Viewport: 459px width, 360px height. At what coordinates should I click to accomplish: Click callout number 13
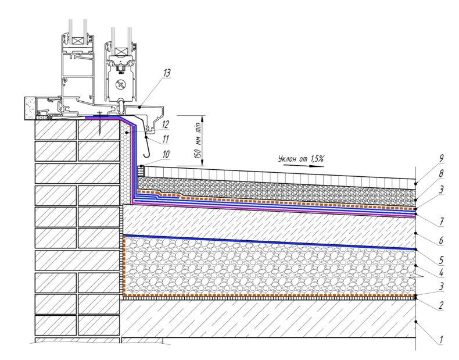point(167,73)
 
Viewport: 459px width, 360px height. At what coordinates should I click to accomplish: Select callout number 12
point(166,124)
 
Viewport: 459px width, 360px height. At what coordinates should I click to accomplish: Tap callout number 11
point(166,139)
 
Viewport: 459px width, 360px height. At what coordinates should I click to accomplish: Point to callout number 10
point(166,154)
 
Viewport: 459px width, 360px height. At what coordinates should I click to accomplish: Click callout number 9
point(441,158)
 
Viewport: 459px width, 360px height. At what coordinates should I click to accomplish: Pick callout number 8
point(441,173)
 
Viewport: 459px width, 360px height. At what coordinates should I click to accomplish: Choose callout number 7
point(441,222)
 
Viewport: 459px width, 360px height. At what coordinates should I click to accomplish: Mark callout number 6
point(441,241)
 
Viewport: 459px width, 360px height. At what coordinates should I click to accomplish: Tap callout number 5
point(441,260)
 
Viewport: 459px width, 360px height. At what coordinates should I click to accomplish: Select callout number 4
point(441,273)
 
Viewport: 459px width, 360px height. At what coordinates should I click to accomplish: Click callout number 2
point(441,305)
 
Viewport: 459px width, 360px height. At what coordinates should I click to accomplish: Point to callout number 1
point(441,340)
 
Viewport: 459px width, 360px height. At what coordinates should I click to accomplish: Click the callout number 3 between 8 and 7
point(441,190)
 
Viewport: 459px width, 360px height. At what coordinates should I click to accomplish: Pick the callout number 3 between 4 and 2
point(441,286)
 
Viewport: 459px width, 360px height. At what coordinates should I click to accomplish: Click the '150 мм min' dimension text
point(198,141)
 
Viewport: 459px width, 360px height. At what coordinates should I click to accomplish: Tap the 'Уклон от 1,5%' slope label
point(301,159)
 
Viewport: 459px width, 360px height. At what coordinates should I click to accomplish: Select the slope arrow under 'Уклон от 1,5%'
point(304,166)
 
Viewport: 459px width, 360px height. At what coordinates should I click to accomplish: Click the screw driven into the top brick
point(100,123)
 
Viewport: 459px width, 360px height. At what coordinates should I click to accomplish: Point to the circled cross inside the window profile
point(120,85)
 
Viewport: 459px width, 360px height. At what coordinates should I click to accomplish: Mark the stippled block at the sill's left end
point(30,108)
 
